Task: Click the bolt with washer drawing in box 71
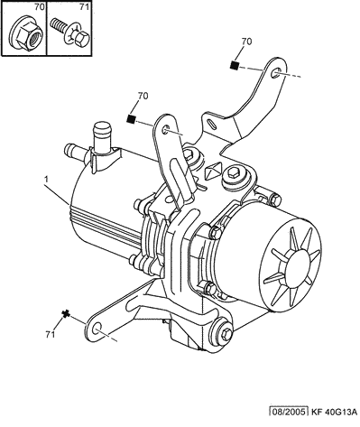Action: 70,32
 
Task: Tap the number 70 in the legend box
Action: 39,7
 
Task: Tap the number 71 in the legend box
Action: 85,7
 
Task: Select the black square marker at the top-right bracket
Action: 235,65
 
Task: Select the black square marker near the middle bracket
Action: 131,119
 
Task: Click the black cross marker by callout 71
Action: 66,314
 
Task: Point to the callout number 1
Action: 46,180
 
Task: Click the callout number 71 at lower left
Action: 51,334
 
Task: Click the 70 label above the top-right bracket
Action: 246,42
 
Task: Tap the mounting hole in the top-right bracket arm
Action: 276,73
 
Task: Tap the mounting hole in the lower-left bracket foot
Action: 97,330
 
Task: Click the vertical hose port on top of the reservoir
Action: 102,136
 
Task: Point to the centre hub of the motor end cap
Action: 297,265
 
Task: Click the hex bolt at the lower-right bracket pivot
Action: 226,333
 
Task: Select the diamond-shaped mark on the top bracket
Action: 213,171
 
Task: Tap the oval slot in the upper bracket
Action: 212,124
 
